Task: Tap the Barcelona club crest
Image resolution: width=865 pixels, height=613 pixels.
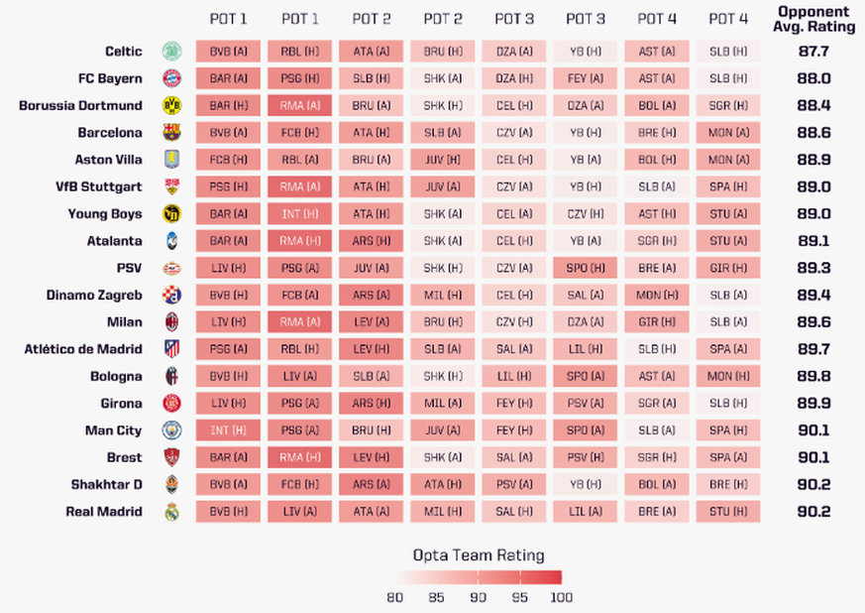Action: [x=172, y=132]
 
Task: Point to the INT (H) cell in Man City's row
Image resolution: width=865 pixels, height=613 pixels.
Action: [x=228, y=430]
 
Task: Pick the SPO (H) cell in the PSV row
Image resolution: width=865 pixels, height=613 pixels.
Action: [x=585, y=268]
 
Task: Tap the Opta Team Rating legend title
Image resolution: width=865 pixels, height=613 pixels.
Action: [x=479, y=555]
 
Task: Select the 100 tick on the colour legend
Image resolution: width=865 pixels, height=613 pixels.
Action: [x=561, y=597]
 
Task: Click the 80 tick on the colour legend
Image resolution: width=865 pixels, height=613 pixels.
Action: [x=395, y=597]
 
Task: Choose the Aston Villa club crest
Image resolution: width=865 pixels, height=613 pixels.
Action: [x=172, y=160]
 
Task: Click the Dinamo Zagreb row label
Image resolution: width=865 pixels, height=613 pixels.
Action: [x=94, y=295]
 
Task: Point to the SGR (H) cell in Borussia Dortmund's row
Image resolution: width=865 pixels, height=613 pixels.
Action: [x=727, y=105]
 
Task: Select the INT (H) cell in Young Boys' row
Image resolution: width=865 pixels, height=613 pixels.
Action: [x=299, y=213]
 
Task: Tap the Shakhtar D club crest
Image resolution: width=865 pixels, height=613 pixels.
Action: [x=172, y=485]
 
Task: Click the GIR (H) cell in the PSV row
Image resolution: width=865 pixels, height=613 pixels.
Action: [x=727, y=268]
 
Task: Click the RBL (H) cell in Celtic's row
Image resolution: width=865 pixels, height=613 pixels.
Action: [x=299, y=51]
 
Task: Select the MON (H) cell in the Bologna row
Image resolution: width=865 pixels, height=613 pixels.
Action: [x=727, y=376]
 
